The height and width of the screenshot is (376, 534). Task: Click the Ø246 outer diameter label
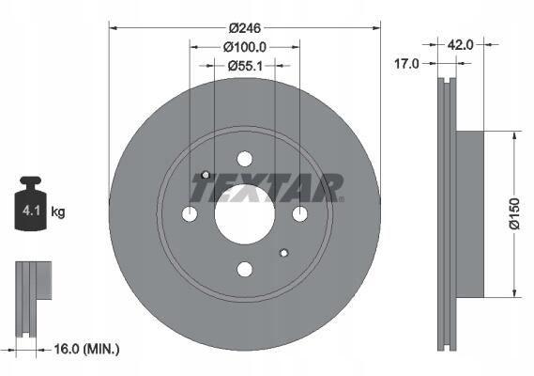click(245, 28)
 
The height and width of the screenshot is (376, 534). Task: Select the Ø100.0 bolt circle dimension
click(245, 47)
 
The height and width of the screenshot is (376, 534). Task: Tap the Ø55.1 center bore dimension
click(245, 66)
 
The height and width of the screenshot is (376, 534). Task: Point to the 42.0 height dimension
click(460, 45)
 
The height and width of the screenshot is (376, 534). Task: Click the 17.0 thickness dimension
click(406, 64)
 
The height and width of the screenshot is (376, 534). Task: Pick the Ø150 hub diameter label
click(514, 213)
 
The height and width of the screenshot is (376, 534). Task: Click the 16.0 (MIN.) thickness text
click(87, 349)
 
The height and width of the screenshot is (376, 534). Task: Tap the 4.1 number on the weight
click(31, 211)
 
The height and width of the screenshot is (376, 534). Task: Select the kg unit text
click(58, 211)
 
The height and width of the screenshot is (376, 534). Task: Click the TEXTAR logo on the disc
click(267, 187)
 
